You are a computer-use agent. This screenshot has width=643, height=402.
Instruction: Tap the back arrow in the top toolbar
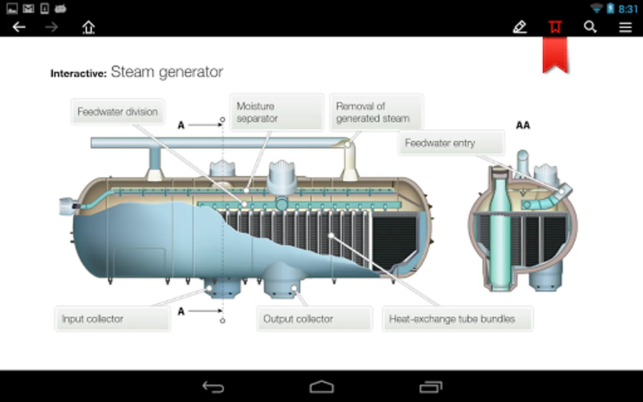[19, 27]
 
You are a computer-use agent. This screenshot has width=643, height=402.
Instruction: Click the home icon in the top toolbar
[88, 28]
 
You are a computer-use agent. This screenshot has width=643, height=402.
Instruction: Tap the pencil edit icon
[520, 27]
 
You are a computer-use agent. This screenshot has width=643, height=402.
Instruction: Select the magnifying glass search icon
[590, 27]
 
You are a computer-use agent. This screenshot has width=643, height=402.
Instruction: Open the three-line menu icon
[625, 28]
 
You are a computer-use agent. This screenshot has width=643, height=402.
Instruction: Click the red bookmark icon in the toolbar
[555, 27]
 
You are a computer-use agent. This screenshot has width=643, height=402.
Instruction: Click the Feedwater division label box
[118, 112]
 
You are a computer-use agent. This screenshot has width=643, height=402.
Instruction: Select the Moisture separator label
[276, 112]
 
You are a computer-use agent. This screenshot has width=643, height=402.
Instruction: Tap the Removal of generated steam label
[376, 112]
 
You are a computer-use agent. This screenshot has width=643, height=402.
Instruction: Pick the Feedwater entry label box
[451, 143]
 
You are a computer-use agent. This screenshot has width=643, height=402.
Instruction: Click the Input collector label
[113, 319]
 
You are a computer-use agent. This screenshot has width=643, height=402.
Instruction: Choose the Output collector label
[315, 319]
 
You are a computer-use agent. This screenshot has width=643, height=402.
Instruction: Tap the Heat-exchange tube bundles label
[458, 319]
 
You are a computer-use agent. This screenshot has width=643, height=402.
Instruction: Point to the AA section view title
[523, 125]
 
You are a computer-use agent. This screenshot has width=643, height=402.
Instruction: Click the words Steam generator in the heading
[167, 72]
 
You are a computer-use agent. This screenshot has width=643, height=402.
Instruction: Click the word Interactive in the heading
[79, 74]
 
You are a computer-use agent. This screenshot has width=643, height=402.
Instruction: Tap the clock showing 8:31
[628, 9]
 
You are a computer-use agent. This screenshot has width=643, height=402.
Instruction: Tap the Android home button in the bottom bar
[321, 387]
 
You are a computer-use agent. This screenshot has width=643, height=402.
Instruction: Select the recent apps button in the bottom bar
[430, 387]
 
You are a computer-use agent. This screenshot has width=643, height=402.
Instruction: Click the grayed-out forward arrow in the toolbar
[52, 27]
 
